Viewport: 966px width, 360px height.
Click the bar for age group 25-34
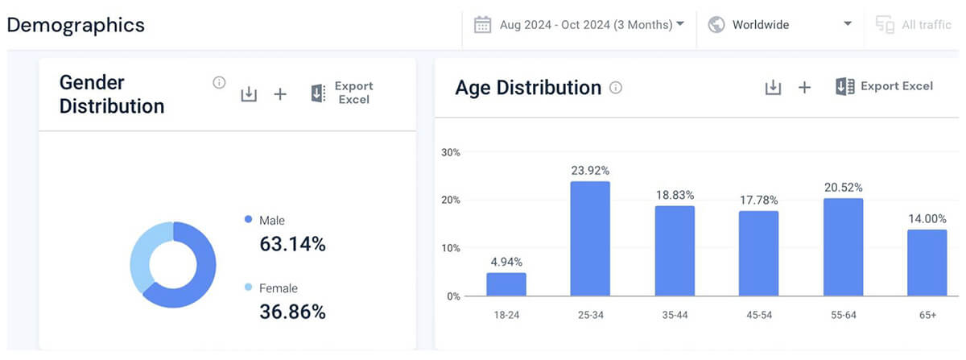pos(590,238)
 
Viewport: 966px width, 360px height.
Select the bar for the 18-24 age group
pos(506,283)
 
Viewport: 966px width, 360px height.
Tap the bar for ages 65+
pos(927,263)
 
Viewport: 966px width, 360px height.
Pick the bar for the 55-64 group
pos(843,246)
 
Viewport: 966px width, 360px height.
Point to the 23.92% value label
pos(590,171)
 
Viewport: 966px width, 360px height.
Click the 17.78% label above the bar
pos(758,200)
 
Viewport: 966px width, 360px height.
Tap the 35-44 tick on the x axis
pos(674,315)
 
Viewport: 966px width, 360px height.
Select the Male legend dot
pos(248,219)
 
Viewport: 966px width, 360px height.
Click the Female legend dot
pos(248,288)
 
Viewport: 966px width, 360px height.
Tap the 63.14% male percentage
pos(292,244)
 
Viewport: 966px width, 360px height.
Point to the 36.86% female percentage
pos(292,312)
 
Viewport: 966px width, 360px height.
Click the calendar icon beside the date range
pos(483,25)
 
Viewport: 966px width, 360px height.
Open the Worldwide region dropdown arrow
pos(848,24)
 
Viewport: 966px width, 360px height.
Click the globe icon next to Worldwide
pos(716,25)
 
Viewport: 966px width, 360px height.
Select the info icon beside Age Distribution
pos(616,88)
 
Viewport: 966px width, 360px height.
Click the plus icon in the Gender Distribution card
pos(280,94)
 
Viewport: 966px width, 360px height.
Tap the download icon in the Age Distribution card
pos(773,87)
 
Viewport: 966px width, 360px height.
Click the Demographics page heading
pos(76,25)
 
